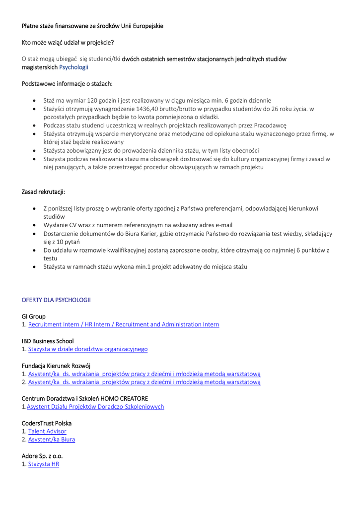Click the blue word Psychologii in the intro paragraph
73,67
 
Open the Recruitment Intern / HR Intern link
124,324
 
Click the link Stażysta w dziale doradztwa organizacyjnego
88,349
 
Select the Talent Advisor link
47,432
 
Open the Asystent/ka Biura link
52,440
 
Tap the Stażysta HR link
44,464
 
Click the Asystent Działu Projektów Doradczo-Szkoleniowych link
95,407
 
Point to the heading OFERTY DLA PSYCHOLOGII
56,300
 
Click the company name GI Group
34,317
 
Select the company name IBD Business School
48,341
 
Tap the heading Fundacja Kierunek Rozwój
56,366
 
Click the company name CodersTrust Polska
47,423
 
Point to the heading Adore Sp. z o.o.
42,456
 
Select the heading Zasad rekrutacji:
44,192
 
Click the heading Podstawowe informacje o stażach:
67,84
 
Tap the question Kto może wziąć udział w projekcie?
68,43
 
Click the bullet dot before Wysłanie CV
34,225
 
